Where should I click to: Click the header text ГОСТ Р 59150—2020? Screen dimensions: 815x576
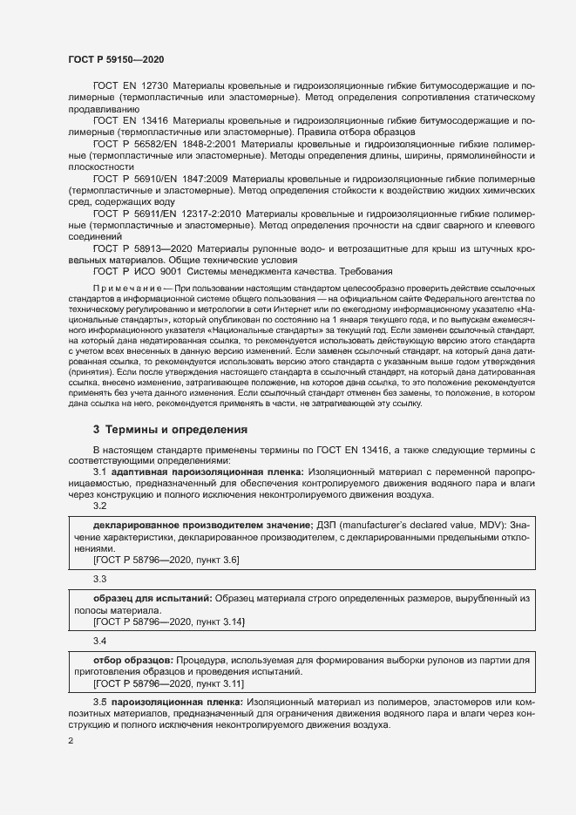116,58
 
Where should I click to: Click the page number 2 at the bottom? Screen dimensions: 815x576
71,741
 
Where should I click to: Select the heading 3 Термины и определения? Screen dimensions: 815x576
171,429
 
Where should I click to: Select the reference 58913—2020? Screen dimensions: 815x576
149,248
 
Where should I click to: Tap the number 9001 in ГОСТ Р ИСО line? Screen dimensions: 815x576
157,271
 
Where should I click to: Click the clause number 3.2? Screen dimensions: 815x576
100,506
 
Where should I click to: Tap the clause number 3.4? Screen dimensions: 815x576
100,641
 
